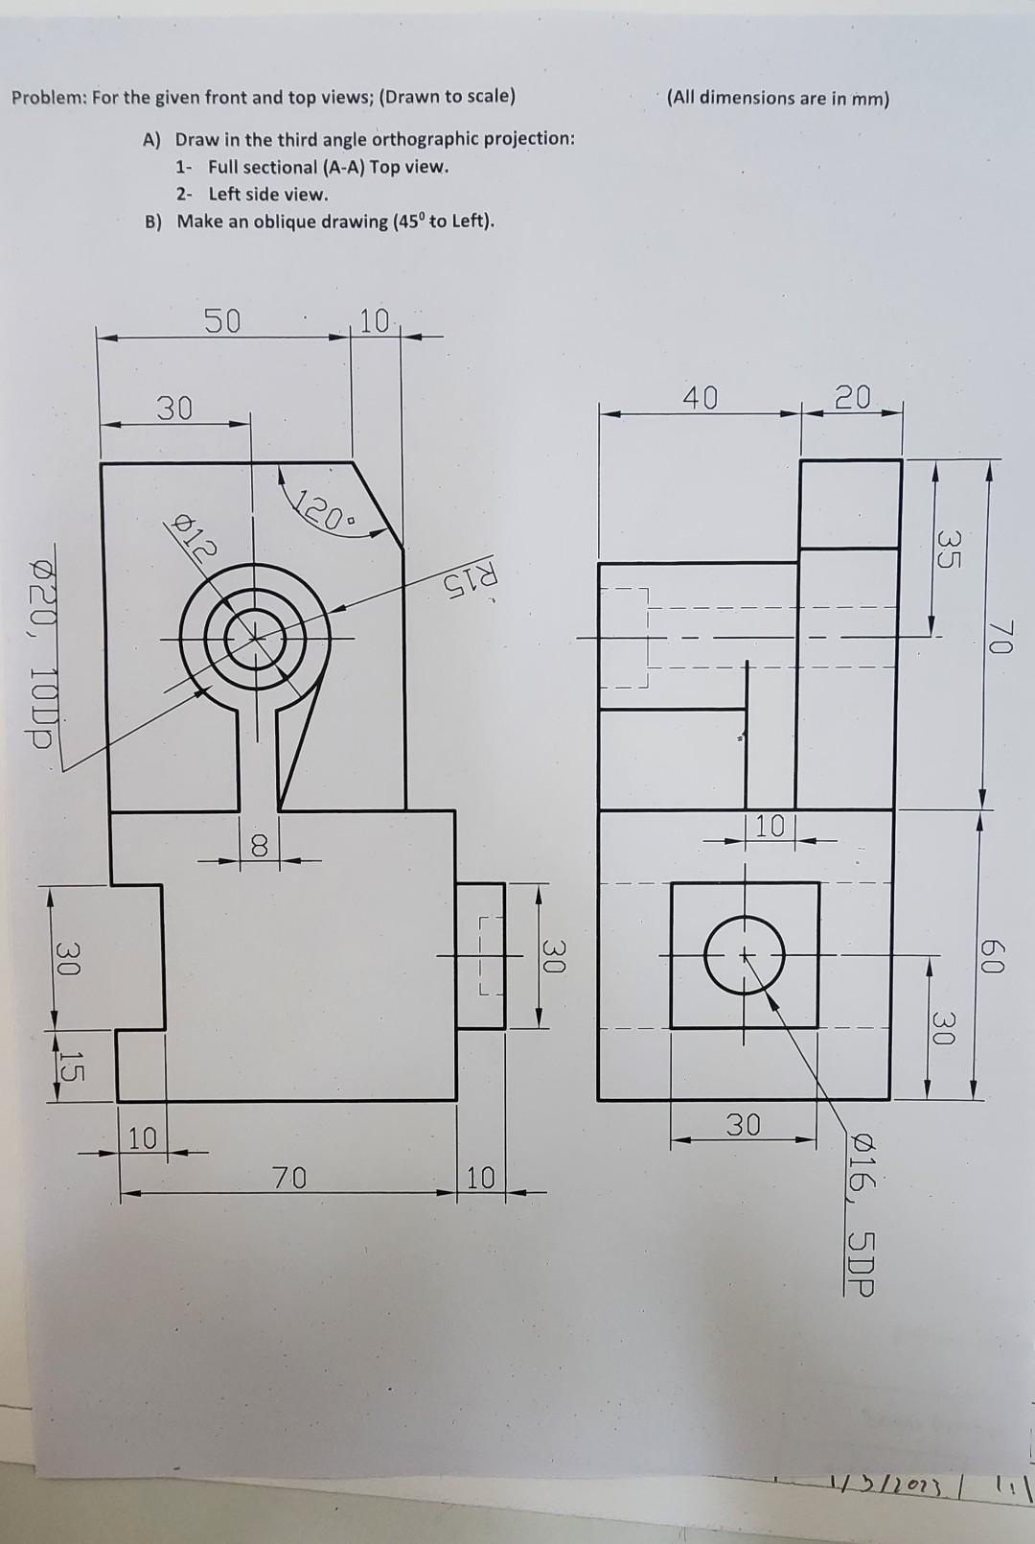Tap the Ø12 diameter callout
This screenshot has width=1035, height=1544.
[195, 533]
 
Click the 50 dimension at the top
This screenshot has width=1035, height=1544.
[222, 321]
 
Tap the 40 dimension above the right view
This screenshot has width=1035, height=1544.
[700, 397]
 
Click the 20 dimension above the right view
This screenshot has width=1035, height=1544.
[852, 396]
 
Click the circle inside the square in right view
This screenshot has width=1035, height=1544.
[746, 955]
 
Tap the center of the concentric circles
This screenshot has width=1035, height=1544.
[256, 636]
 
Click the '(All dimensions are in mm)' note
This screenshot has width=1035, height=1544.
[778, 98]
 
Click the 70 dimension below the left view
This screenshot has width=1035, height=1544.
[288, 1176]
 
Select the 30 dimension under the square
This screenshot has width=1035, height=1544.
[743, 1124]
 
